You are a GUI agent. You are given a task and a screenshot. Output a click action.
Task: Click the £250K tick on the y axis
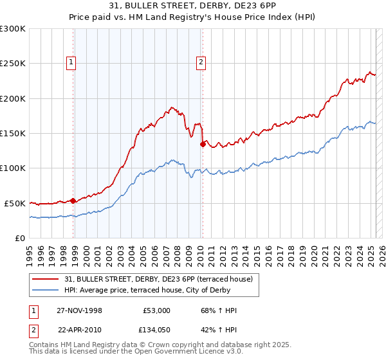(x=13, y=64)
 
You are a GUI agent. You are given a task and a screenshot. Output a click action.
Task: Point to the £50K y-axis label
(x=15, y=203)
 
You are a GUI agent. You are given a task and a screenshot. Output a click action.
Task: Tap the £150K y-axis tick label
(x=13, y=133)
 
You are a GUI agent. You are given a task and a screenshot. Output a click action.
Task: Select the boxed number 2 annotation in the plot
(x=201, y=62)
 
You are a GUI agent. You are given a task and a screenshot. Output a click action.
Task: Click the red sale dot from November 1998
(x=73, y=201)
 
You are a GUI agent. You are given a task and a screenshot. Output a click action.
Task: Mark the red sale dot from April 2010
(x=203, y=144)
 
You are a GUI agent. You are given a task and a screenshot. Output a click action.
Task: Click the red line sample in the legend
(x=47, y=279)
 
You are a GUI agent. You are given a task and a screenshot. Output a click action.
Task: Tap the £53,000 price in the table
(x=156, y=310)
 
